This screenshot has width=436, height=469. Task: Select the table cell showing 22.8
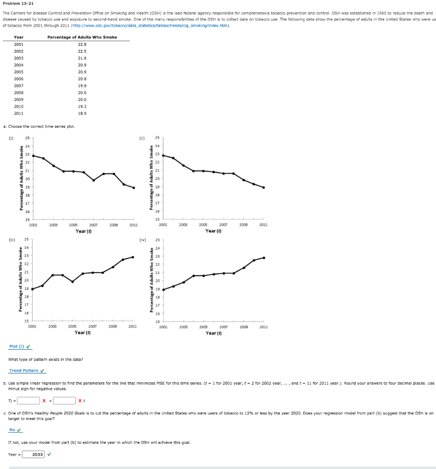click(x=83, y=44)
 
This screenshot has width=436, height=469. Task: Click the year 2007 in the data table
click(x=19, y=86)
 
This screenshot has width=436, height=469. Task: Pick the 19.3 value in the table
click(x=83, y=106)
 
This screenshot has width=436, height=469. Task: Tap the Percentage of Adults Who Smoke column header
click(x=82, y=37)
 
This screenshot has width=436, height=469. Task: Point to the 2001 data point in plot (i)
click(x=34, y=155)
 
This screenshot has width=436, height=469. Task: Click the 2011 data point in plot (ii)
click(x=264, y=187)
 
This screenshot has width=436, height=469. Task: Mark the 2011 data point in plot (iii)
click(x=133, y=257)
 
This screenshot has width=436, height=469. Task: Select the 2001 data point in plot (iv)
click(x=164, y=289)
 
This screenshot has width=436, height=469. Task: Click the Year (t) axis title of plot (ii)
click(x=213, y=231)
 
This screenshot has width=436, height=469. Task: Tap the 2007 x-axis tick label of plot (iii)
click(x=93, y=327)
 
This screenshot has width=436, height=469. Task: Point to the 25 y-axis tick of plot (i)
click(x=27, y=138)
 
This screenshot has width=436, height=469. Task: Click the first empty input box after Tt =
click(x=28, y=401)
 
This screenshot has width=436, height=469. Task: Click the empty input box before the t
click(x=64, y=401)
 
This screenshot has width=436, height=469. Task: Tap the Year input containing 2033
click(x=34, y=454)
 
